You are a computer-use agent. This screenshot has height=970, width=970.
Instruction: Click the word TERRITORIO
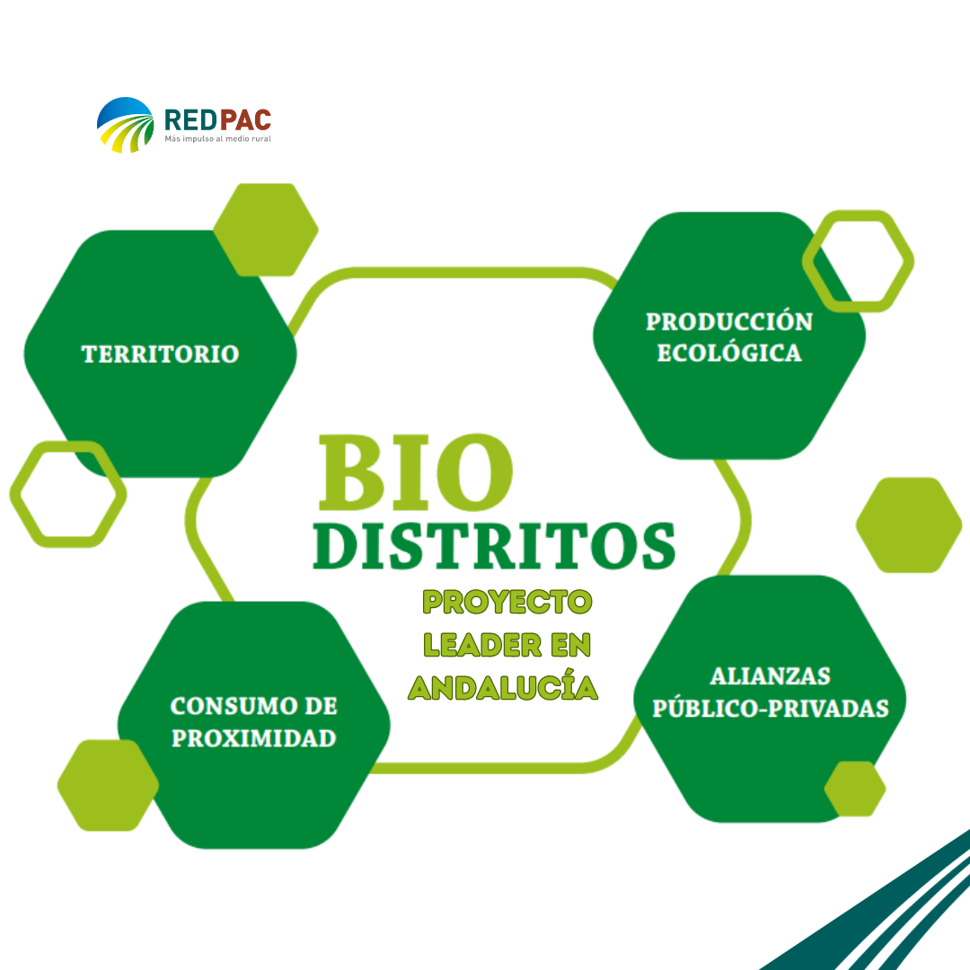point(161,354)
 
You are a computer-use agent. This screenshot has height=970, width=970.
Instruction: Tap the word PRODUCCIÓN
point(728,322)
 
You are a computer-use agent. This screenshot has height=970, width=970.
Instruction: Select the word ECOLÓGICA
point(728,352)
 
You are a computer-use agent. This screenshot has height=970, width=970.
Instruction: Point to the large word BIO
point(414,472)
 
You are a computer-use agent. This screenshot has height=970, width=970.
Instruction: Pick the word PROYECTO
point(507,602)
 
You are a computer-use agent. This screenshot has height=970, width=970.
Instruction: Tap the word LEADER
point(475,645)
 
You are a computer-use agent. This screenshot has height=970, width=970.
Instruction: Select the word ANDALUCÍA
point(503,687)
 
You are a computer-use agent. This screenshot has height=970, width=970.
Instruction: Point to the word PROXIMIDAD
point(254,738)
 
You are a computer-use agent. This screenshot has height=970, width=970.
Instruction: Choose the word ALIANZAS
point(770,675)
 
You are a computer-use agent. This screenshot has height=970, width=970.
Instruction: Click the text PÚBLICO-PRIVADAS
point(770,708)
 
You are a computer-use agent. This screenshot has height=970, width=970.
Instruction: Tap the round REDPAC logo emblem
point(126,125)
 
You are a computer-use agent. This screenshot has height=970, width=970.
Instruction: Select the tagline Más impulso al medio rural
point(217,139)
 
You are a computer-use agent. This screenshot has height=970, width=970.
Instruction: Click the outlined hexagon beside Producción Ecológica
point(858,261)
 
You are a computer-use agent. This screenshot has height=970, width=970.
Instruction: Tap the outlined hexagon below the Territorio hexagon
point(68,493)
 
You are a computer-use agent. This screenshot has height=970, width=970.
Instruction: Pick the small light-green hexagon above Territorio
point(265,229)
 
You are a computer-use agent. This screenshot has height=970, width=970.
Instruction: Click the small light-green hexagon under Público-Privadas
point(855,789)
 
